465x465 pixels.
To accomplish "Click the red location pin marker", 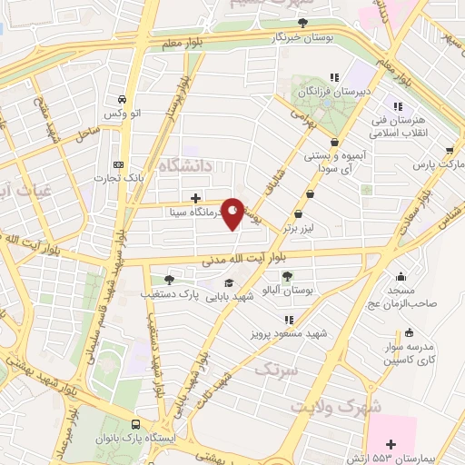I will click(x=233, y=213).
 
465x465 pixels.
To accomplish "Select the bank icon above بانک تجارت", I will click(x=118, y=164).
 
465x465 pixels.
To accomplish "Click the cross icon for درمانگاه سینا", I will click(x=196, y=197).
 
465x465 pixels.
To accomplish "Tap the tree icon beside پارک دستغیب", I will click(x=169, y=280).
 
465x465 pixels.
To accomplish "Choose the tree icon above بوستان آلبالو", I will click(x=287, y=276).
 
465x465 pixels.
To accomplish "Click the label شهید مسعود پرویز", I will click(x=291, y=333).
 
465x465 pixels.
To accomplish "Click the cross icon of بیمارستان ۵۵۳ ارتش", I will click(x=391, y=444).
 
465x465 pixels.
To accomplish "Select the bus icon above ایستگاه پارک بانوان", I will click(x=136, y=424).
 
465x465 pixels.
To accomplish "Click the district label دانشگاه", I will click(x=188, y=166).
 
